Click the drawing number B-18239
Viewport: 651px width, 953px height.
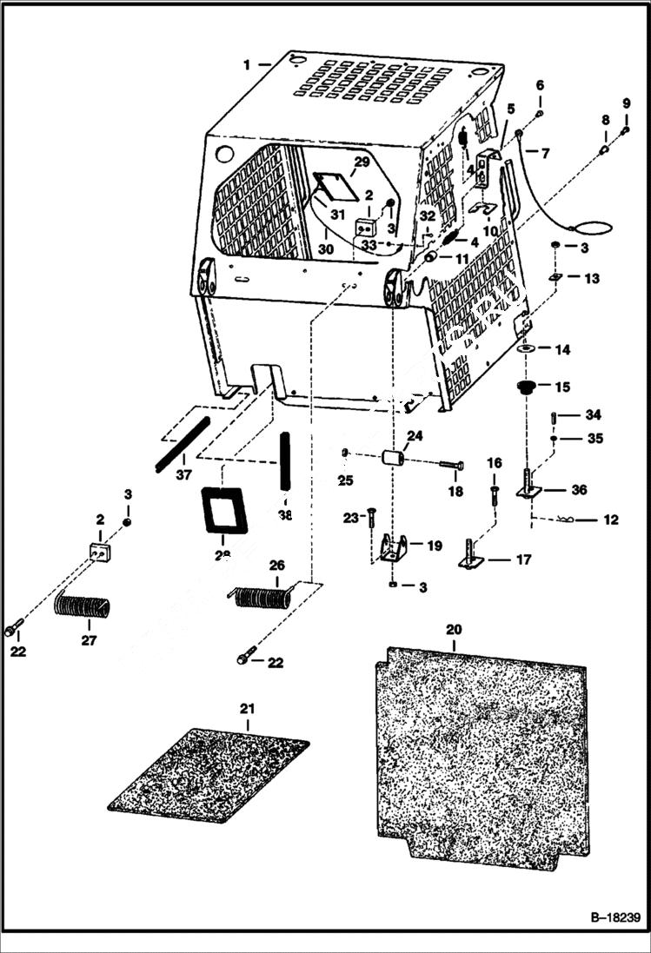pyautogui.click(x=614, y=917)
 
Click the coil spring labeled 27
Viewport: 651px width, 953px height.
pyautogui.click(x=83, y=604)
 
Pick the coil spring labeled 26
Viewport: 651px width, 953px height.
pyautogui.click(x=262, y=596)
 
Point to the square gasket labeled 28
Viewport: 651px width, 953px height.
pyautogui.click(x=224, y=509)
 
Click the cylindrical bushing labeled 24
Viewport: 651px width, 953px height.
pyautogui.click(x=396, y=458)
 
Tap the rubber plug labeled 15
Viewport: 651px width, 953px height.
pyautogui.click(x=525, y=387)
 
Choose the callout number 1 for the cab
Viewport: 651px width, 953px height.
pyautogui.click(x=247, y=64)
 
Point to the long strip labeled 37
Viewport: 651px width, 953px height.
pyautogui.click(x=183, y=444)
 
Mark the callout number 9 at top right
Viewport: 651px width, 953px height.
pyautogui.click(x=626, y=104)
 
